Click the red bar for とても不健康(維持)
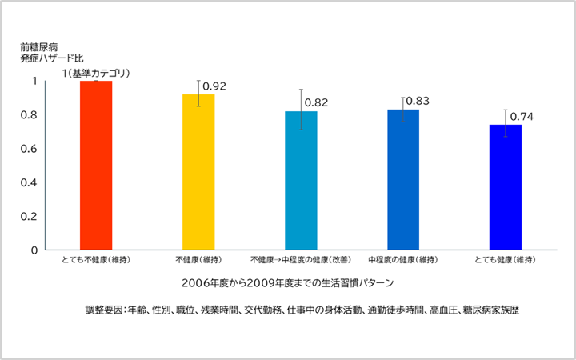coord(96,166)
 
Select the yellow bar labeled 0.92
coord(198,172)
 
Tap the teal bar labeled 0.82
coord(301,180)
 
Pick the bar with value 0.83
coord(403,179)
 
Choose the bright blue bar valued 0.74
coord(505,187)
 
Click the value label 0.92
coord(216,86)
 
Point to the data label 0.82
coord(317,103)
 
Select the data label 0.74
coord(521,117)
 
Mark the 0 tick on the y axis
coord(34,250)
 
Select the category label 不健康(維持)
coord(198,261)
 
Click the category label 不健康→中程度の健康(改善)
coord(301,261)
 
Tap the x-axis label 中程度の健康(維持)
coord(403,261)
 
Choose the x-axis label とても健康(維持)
coord(505,261)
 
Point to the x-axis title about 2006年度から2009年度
coord(287,283)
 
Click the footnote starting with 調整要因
coord(302,310)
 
